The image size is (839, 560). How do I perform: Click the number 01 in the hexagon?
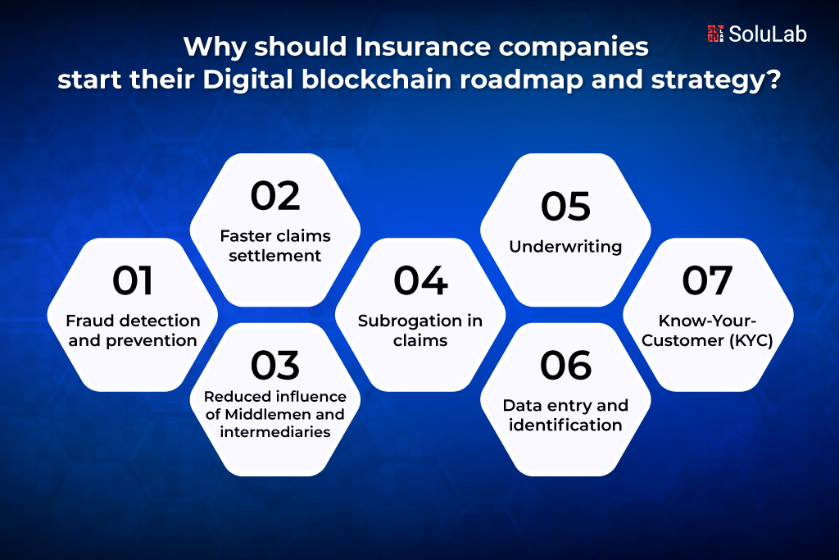click(133, 280)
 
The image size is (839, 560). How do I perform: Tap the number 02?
click(275, 196)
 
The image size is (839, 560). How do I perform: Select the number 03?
click(275, 365)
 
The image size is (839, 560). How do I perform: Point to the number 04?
click(420, 280)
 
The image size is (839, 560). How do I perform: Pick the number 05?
click(565, 207)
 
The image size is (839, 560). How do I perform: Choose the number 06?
click(565, 366)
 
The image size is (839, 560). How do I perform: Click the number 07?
click(707, 280)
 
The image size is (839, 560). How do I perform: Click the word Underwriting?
click(565, 247)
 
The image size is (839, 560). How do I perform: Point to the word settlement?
click(275, 256)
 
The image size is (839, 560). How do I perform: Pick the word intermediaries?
click(275, 432)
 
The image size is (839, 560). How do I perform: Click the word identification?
click(565, 425)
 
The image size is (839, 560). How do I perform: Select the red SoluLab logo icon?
click(715, 34)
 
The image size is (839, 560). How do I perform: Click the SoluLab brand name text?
click(767, 34)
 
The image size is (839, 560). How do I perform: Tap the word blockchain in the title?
click(377, 80)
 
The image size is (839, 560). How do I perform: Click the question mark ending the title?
click(773, 80)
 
